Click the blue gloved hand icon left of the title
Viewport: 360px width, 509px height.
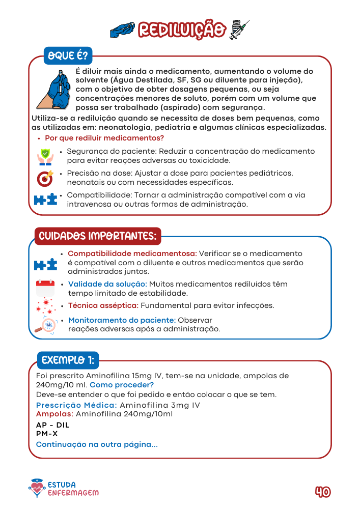tap(123, 30)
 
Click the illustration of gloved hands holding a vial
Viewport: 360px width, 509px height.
tap(53, 89)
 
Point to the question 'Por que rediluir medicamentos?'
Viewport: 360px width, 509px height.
tap(104, 138)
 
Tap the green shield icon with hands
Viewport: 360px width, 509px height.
tap(45, 156)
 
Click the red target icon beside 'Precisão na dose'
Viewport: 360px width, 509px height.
tap(45, 178)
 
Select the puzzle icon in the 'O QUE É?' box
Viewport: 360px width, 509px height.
tap(45, 200)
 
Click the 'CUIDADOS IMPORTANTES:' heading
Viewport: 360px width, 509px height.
tap(97, 236)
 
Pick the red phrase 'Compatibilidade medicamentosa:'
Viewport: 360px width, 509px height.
tap(132, 253)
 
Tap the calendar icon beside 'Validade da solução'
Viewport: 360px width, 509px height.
tap(45, 288)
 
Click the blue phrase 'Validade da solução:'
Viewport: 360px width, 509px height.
tap(108, 284)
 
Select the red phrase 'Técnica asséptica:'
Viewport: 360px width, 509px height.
tap(103, 305)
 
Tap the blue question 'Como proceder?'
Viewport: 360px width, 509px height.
tap(122, 385)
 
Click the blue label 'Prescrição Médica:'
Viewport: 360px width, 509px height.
tap(76, 405)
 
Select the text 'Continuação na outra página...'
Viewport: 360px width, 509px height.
tap(97, 444)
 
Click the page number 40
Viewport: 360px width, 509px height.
tap(322, 492)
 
